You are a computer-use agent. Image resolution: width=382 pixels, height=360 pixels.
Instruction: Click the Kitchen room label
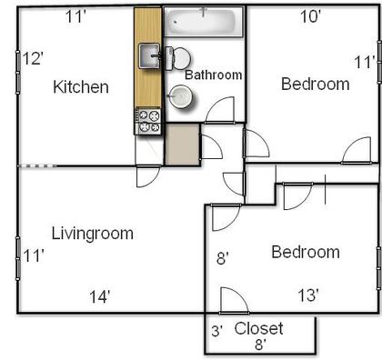coord(81,87)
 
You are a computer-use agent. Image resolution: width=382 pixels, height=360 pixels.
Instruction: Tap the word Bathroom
coord(214,75)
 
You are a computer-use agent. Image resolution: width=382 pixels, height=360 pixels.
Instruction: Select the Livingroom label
coord(93,234)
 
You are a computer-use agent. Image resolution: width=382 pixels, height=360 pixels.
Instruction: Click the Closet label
coord(258,328)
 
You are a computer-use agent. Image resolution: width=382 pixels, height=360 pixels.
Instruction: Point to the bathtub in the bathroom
coord(203,22)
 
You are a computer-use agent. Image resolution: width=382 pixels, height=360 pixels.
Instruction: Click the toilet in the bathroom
coord(178,58)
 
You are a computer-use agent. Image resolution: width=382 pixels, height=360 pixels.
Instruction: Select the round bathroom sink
coord(181,96)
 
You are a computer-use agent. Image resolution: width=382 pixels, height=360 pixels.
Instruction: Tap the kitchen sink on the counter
coord(149,55)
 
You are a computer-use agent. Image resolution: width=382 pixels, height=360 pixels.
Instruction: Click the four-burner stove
coord(147,121)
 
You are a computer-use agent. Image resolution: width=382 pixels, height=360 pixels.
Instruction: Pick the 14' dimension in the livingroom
coord(99,296)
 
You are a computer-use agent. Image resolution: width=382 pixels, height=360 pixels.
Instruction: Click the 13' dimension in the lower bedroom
coord(308,295)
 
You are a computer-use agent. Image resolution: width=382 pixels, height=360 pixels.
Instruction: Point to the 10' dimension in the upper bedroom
coord(310,16)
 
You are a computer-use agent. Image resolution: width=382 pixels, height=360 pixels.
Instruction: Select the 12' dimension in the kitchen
coord(33,58)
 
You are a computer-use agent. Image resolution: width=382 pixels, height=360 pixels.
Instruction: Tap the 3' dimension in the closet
coord(217,331)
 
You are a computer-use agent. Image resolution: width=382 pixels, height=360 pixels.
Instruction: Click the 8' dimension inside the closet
coord(260,345)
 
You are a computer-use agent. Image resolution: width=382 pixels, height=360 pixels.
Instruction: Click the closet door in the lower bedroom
coord(234,300)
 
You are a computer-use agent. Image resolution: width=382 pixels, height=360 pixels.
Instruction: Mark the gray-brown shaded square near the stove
coord(183,145)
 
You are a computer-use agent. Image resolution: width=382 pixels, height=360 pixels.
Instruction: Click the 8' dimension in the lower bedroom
coord(223,259)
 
